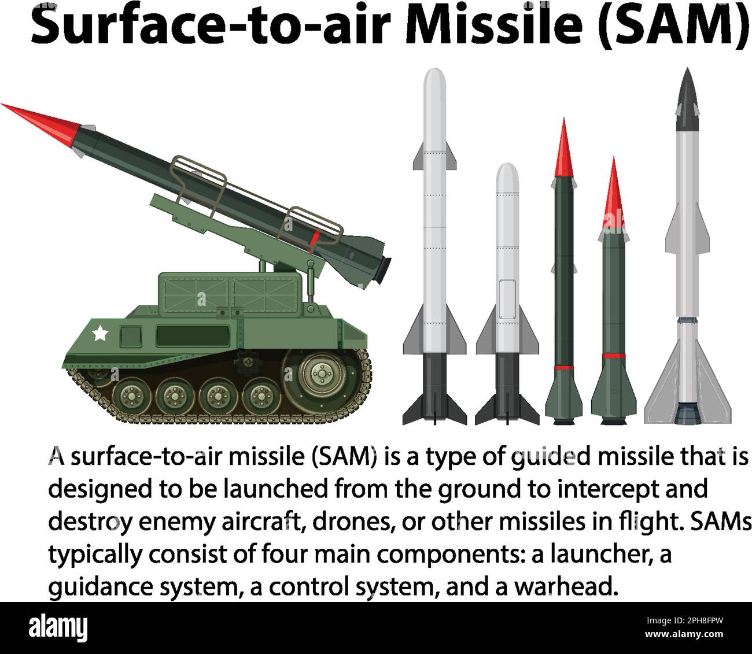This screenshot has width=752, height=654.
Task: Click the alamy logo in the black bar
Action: (x=58, y=627)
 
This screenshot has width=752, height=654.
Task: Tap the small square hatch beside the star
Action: (x=131, y=335)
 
